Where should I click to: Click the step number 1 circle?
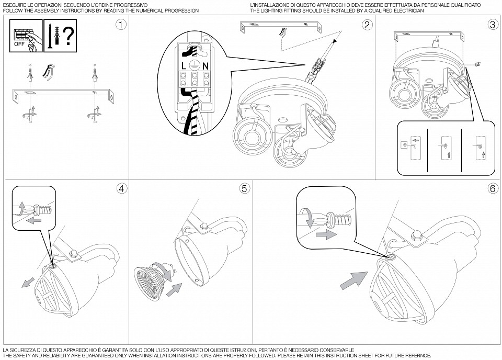(x=121, y=25)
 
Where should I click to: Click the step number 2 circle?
(x=367, y=25)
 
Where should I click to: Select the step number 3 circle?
(x=492, y=25)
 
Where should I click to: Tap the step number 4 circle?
(x=122, y=188)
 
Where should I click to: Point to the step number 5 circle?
(x=244, y=188)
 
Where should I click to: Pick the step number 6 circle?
(x=492, y=188)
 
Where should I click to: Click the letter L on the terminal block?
(x=182, y=65)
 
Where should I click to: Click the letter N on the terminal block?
(x=205, y=65)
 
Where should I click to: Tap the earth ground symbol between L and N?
(x=193, y=65)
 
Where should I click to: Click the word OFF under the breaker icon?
(x=19, y=44)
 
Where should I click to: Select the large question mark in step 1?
(x=67, y=36)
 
